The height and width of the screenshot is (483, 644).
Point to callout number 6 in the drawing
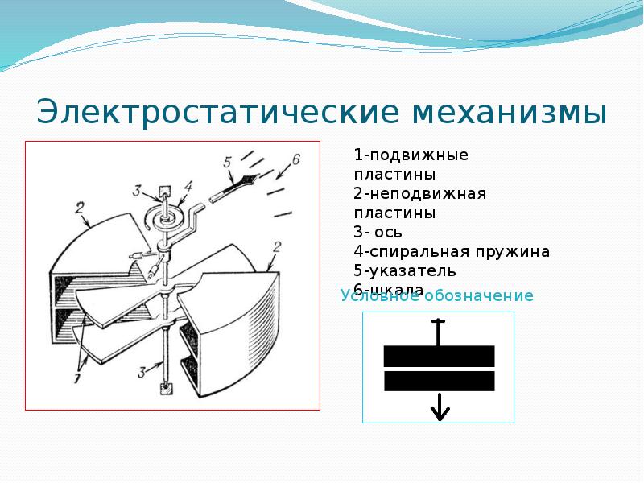[295, 159]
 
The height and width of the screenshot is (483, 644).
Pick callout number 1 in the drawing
[77, 375]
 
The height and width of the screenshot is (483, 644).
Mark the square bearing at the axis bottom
[167, 389]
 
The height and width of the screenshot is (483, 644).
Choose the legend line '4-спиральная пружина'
[451, 252]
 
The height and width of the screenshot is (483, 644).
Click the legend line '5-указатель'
[404, 271]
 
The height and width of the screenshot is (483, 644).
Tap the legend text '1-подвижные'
[411, 155]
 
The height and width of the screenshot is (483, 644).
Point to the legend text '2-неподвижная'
[419, 194]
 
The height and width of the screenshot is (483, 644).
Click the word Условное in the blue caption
[378, 296]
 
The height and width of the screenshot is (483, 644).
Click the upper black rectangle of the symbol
[439, 357]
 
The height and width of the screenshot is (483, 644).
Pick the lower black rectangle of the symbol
[439, 381]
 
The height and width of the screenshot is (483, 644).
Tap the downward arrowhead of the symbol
[439, 413]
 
